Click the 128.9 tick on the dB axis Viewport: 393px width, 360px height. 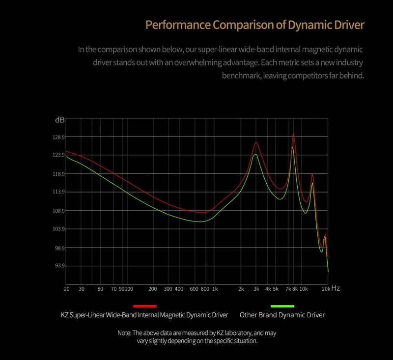click(x=59, y=137)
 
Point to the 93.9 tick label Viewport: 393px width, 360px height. click(x=59, y=266)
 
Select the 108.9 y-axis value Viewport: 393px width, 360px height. click(x=59, y=211)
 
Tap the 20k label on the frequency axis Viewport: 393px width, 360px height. click(x=326, y=289)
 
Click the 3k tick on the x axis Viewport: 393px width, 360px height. click(x=256, y=289)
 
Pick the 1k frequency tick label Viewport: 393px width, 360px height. click(x=215, y=289)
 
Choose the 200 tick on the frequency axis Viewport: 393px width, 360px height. click(x=152, y=289)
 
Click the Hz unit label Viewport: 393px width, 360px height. click(x=336, y=288)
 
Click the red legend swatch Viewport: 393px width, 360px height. click(x=145, y=306)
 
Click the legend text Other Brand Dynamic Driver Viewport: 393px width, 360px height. click(x=282, y=315)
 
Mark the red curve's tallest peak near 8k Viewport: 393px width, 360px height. click(x=293, y=134)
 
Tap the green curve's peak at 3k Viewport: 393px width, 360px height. click(x=256, y=155)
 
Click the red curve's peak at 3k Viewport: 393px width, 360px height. click(x=256, y=143)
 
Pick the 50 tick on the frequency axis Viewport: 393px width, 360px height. click(x=100, y=289)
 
